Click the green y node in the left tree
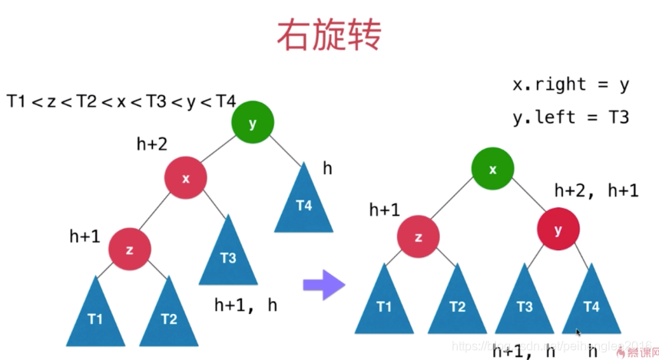(x=253, y=123)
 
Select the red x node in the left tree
(x=186, y=178)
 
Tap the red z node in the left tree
(x=129, y=249)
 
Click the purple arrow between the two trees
(x=323, y=284)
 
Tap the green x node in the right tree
(x=493, y=170)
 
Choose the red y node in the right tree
(x=558, y=228)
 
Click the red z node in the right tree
(x=419, y=236)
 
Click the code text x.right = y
(x=571, y=84)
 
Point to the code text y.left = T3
(x=571, y=117)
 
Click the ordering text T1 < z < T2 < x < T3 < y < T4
(x=121, y=101)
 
